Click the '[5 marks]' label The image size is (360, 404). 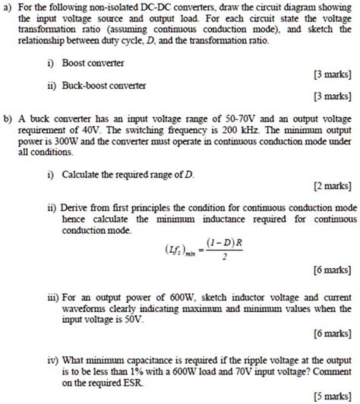327,394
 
